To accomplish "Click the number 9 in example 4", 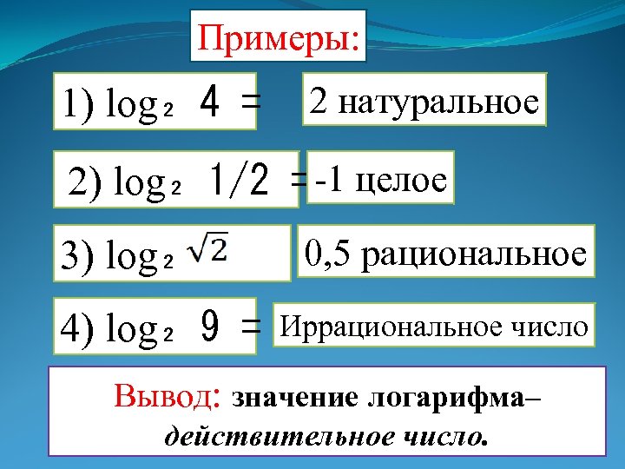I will tap(208, 328).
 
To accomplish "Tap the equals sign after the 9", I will tap(251, 328).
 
